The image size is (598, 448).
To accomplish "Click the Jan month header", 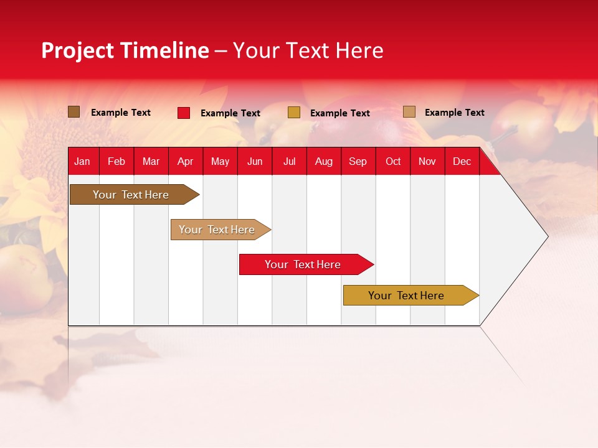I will click(82, 162).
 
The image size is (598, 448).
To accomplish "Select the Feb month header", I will click(116, 162).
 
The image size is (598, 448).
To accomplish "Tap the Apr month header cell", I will click(186, 162).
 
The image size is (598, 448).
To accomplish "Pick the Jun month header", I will click(255, 162).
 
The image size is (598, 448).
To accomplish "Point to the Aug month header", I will click(324, 162).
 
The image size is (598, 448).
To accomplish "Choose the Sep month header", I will click(358, 162).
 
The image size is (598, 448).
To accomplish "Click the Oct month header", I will click(393, 162).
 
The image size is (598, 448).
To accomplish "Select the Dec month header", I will click(462, 162).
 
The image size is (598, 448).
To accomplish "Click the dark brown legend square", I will click(74, 112).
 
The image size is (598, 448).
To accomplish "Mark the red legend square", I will click(184, 113).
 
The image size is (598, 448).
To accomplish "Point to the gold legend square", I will click(294, 113).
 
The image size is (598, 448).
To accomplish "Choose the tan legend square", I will click(409, 112).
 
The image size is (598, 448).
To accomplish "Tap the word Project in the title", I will click(78, 50).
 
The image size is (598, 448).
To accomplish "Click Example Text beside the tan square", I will click(454, 113).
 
